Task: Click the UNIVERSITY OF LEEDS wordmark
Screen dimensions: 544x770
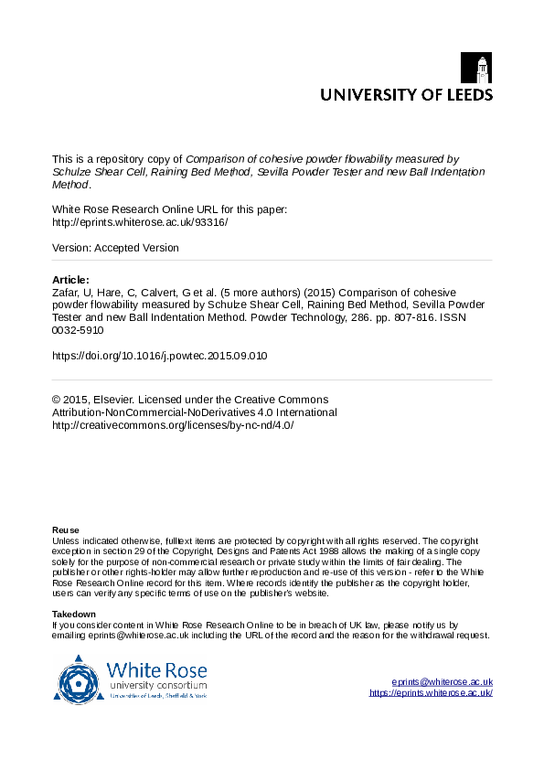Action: point(405,94)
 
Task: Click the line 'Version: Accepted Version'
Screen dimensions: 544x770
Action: point(116,248)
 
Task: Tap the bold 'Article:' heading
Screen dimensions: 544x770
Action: point(71,280)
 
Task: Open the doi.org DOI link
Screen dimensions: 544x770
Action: point(160,355)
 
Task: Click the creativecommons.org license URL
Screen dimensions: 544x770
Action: point(173,425)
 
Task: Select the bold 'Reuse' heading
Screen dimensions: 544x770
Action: point(66,530)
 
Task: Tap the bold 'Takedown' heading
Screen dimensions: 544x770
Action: point(74,614)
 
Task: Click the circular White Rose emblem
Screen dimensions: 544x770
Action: point(80,679)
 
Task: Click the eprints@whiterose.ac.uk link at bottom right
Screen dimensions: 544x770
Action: point(442,682)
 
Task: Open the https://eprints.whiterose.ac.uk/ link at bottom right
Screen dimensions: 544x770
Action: point(431,693)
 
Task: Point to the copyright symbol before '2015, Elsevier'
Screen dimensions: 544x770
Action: point(57,400)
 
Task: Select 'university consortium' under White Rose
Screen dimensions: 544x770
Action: point(154,685)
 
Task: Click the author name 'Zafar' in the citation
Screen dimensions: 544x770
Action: point(67,293)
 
